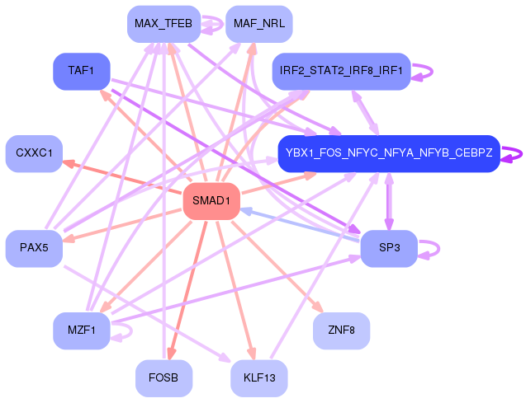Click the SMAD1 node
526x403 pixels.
pos(211,201)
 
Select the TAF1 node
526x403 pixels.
pos(82,72)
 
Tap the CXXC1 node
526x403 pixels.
pos(34,153)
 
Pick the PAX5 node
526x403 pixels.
pos(34,248)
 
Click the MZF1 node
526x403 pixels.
pos(82,330)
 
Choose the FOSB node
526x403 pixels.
pos(163,378)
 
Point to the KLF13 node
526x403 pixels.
pos(259,378)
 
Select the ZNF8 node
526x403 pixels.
pos(341,330)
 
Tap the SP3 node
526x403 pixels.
pos(389,248)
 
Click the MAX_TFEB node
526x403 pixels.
pos(163,24)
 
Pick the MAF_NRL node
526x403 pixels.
pos(259,24)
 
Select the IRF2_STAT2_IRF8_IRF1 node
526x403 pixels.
pos(341,72)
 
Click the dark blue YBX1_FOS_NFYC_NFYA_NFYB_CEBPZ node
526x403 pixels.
pos(389,153)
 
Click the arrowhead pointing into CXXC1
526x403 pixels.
pos(69,164)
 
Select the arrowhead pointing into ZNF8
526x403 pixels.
pos(318,307)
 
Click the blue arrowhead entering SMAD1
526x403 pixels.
pos(246,211)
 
